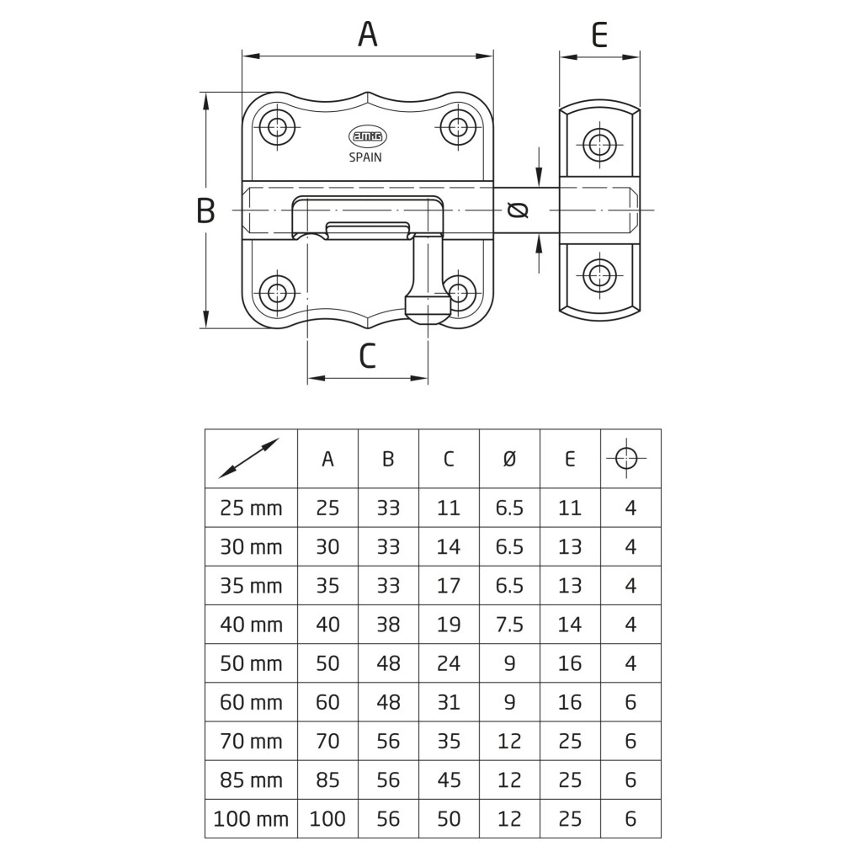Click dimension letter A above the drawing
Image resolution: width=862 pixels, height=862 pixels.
tap(368, 35)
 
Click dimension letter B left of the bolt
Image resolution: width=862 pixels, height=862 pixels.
tap(205, 210)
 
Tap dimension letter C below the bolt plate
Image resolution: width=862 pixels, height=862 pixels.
tap(367, 356)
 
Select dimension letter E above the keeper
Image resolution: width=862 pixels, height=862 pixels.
tap(599, 35)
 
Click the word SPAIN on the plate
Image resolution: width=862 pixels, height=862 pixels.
tap(365, 157)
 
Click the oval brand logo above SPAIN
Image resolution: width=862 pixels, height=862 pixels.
tap(365, 136)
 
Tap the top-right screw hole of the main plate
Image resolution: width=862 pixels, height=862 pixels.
tap(458, 128)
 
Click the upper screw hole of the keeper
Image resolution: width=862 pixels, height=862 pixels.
tap(599, 144)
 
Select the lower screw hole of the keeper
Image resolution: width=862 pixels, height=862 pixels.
tap(599, 275)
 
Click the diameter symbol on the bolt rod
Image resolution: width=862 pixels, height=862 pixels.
tap(517, 210)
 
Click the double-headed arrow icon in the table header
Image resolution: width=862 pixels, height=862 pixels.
tap(249, 458)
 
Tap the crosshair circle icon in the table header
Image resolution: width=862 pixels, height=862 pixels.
tap(630, 458)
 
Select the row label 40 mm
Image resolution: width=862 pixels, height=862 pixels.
tap(251, 625)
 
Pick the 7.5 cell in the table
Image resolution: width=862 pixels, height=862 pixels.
tap(509, 625)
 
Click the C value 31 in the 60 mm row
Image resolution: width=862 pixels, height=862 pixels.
tap(449, 702)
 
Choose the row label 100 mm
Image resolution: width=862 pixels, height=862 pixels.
tap(251, 818)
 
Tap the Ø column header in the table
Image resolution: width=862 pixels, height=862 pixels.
tap(509, 459)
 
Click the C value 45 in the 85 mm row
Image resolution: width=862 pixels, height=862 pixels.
tap(449, 780)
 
